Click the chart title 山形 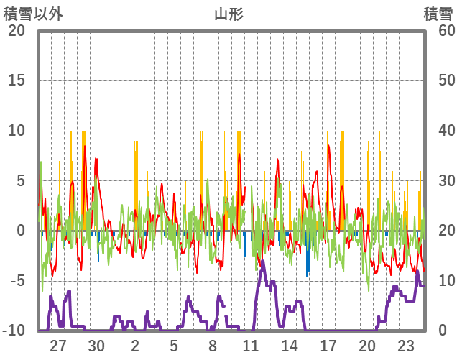coord(228,14)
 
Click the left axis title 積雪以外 coord(33,14)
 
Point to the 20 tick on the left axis coord(17,31)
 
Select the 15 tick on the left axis coord(17,80)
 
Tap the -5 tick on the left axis coord(17,281)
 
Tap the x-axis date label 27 coord(58,346)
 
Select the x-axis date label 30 coord(97,346)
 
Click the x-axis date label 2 coord(135,346)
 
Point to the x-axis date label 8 coord(213,346)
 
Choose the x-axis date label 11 coord(251,346)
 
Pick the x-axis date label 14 coord(290,346)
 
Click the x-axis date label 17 coord(328,346)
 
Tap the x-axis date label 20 coord(366,346)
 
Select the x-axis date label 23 coord(405,346)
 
